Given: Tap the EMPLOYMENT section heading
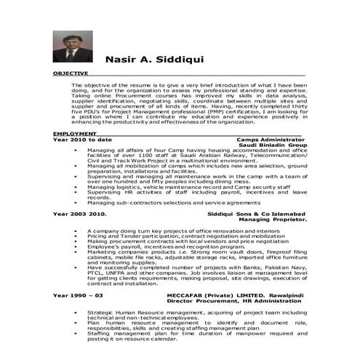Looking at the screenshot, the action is click(x=75, y=134).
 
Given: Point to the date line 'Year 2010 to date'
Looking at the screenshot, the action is click(x=82, y=139).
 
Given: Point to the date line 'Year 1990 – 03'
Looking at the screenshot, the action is click(x=78, y=296).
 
